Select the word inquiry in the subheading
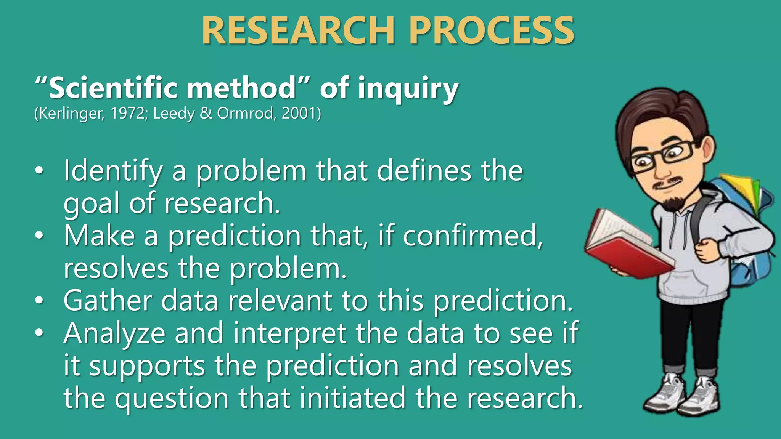408,89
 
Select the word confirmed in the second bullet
472,236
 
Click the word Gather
108,301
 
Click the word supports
147,366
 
